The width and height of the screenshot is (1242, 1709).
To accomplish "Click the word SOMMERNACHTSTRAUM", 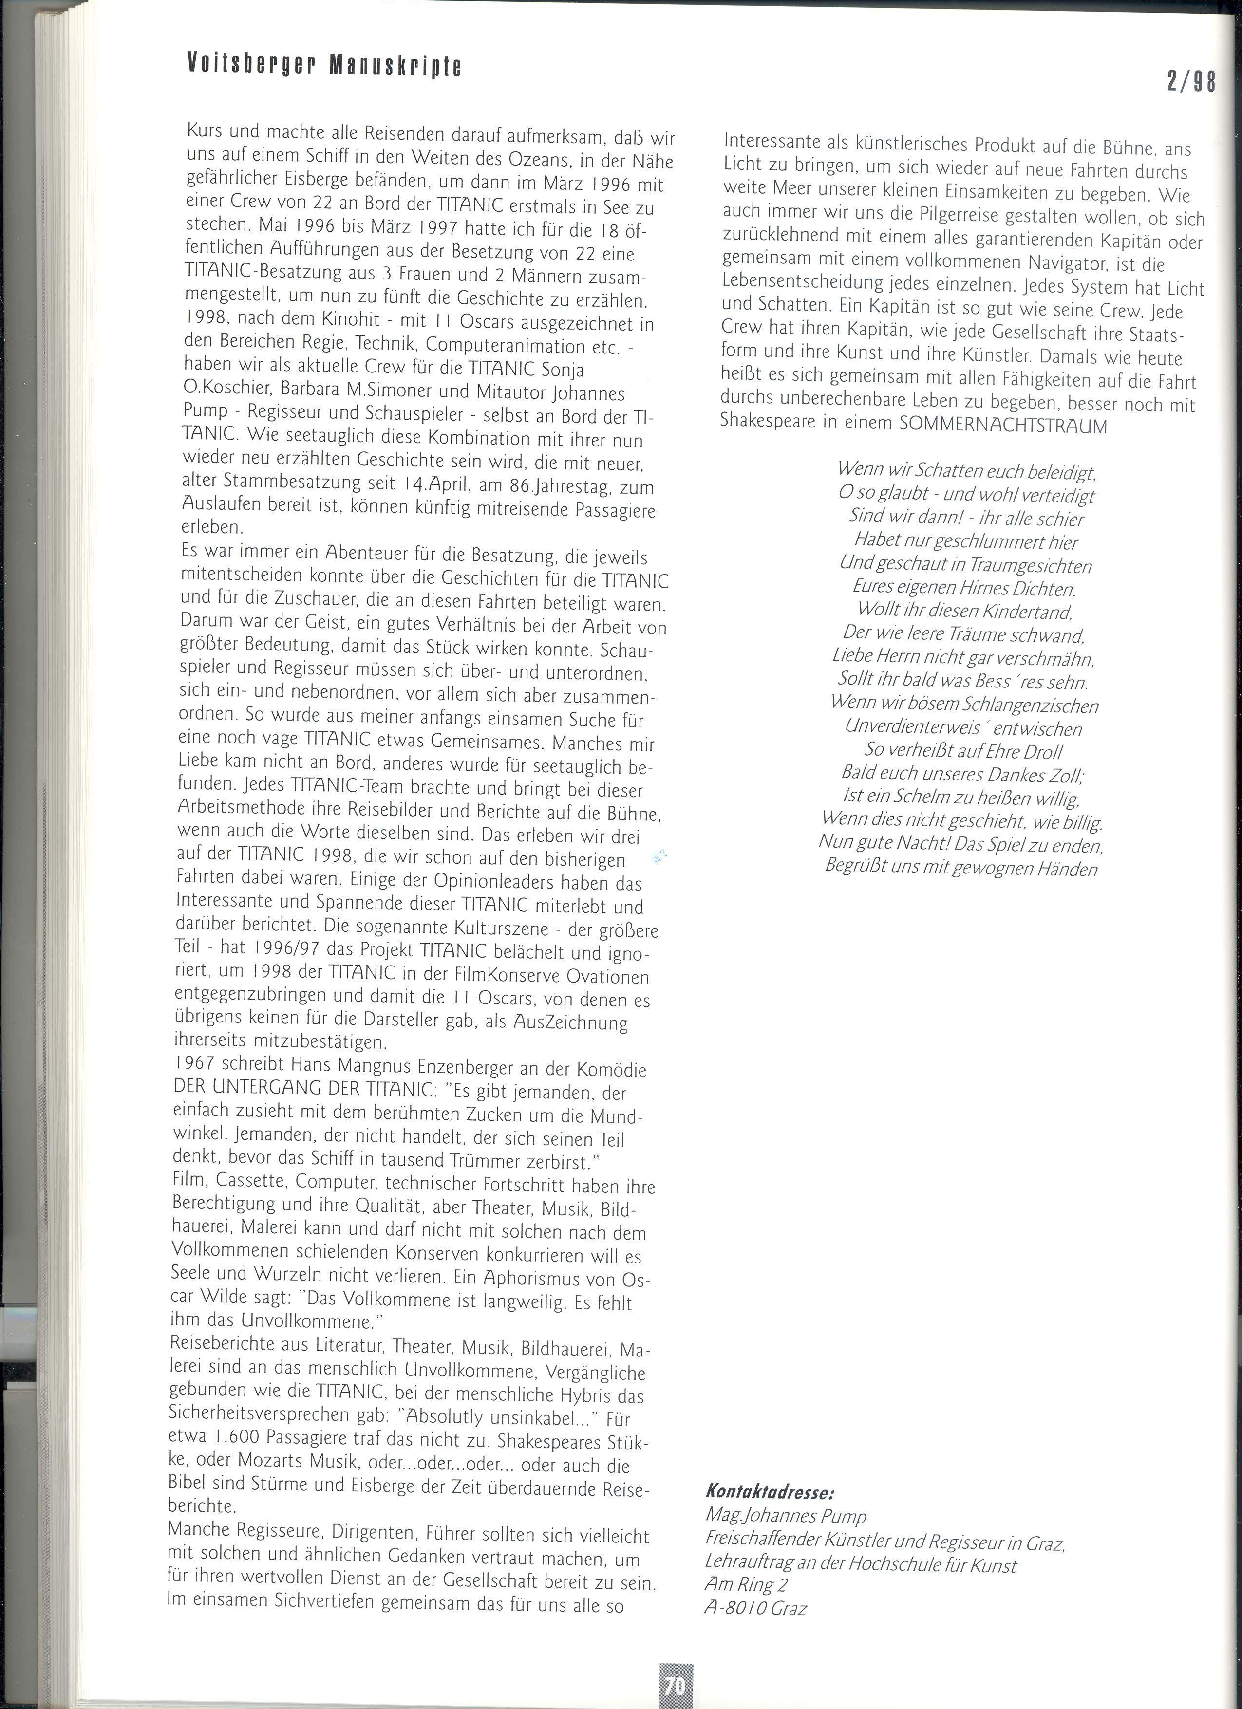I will tap(1004, 426).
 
